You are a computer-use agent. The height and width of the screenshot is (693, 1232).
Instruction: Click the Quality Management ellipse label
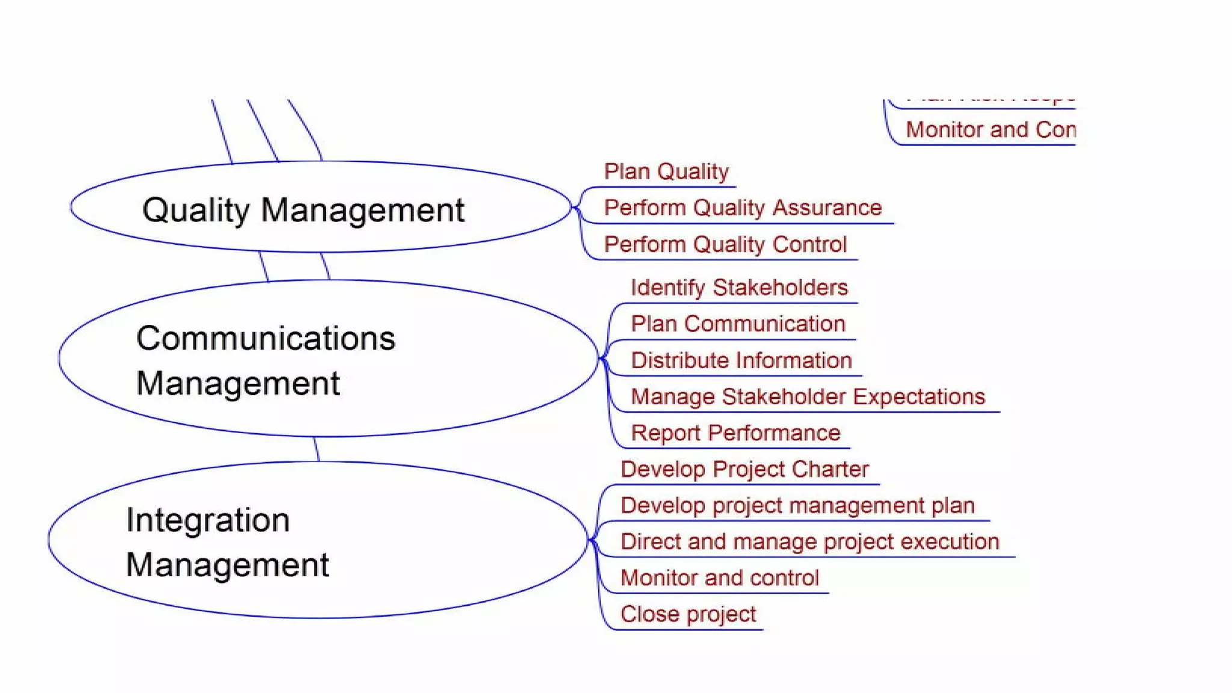(303, 210)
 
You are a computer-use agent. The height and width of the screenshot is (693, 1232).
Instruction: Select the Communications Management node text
(265, 360)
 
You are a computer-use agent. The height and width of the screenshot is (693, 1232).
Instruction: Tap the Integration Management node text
(227, 542)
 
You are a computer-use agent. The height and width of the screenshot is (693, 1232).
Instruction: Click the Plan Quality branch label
(666, 171)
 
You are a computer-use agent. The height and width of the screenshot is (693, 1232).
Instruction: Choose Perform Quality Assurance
(742, 208)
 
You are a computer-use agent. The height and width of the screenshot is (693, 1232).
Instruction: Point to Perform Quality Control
(725, 244)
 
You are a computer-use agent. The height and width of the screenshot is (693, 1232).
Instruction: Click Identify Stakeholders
(739, 288)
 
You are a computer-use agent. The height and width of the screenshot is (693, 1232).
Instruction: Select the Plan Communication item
(738, 324)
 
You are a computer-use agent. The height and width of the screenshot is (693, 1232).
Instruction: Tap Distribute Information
(741, 360)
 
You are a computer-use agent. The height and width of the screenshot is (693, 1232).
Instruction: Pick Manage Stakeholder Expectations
(807, 396)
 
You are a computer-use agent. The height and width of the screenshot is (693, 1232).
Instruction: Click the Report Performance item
(735, 433)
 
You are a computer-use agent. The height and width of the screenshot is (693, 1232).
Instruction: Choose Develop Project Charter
(744, 469)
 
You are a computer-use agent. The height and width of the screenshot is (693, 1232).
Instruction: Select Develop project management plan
(797, 505)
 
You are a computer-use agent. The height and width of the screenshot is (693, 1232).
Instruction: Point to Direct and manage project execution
(809, 541)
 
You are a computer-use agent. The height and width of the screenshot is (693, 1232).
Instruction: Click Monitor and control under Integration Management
(719, 577)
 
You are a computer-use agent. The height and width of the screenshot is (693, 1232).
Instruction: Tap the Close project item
(688, 614)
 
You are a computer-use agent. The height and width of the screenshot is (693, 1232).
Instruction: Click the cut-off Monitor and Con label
(990, 129)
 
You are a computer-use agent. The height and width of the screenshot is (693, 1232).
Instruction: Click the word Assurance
(827, 208)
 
